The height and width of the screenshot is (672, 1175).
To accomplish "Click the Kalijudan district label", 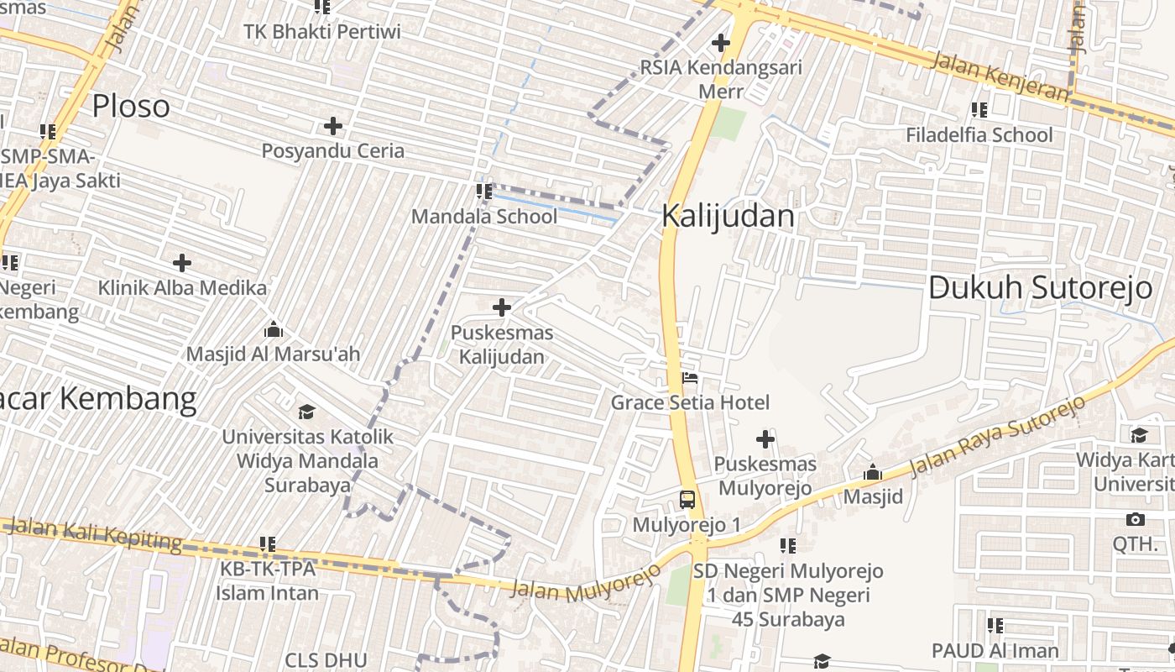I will coord(728,216).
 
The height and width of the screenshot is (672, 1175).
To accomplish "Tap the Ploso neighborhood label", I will coord(131,106).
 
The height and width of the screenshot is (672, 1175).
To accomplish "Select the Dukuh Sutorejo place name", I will coord(1040,287).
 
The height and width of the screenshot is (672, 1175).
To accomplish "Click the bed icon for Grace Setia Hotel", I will coord(690,377).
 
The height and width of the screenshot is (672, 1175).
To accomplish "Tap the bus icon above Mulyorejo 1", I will coord(687,500).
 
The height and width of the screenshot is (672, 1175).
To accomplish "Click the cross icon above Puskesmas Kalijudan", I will coord(502,307).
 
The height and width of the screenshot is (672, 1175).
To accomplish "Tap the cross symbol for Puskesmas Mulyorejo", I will coord(765,438).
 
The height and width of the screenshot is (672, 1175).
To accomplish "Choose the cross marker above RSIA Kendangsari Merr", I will coord(720,43).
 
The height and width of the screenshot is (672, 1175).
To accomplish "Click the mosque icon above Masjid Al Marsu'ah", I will coord(273,328).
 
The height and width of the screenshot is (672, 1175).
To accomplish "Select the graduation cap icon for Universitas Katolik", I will coord(307,412).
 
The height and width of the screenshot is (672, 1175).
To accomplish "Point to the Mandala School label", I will coord(484,217).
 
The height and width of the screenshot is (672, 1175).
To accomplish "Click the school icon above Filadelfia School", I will coord(979,109).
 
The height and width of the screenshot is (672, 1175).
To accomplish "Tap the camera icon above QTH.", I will coord(1136,519).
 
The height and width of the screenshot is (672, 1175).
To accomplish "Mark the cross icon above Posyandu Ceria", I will coord(333,127).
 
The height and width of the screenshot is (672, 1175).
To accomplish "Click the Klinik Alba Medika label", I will coord(182,288).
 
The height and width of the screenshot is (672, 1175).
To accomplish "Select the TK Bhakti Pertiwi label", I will coord(322,32).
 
